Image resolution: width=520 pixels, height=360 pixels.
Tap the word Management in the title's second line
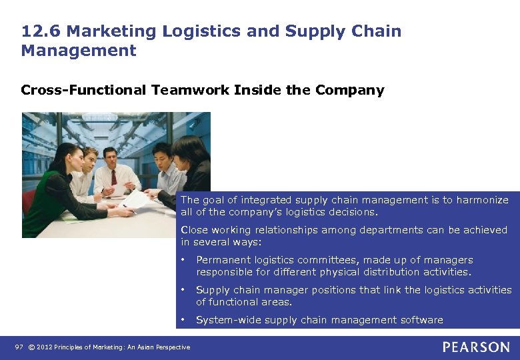click(x=79, y=51)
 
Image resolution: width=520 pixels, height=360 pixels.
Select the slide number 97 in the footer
click(x=19, y=347)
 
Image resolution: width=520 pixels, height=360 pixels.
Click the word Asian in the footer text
click(x=151, y=347)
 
